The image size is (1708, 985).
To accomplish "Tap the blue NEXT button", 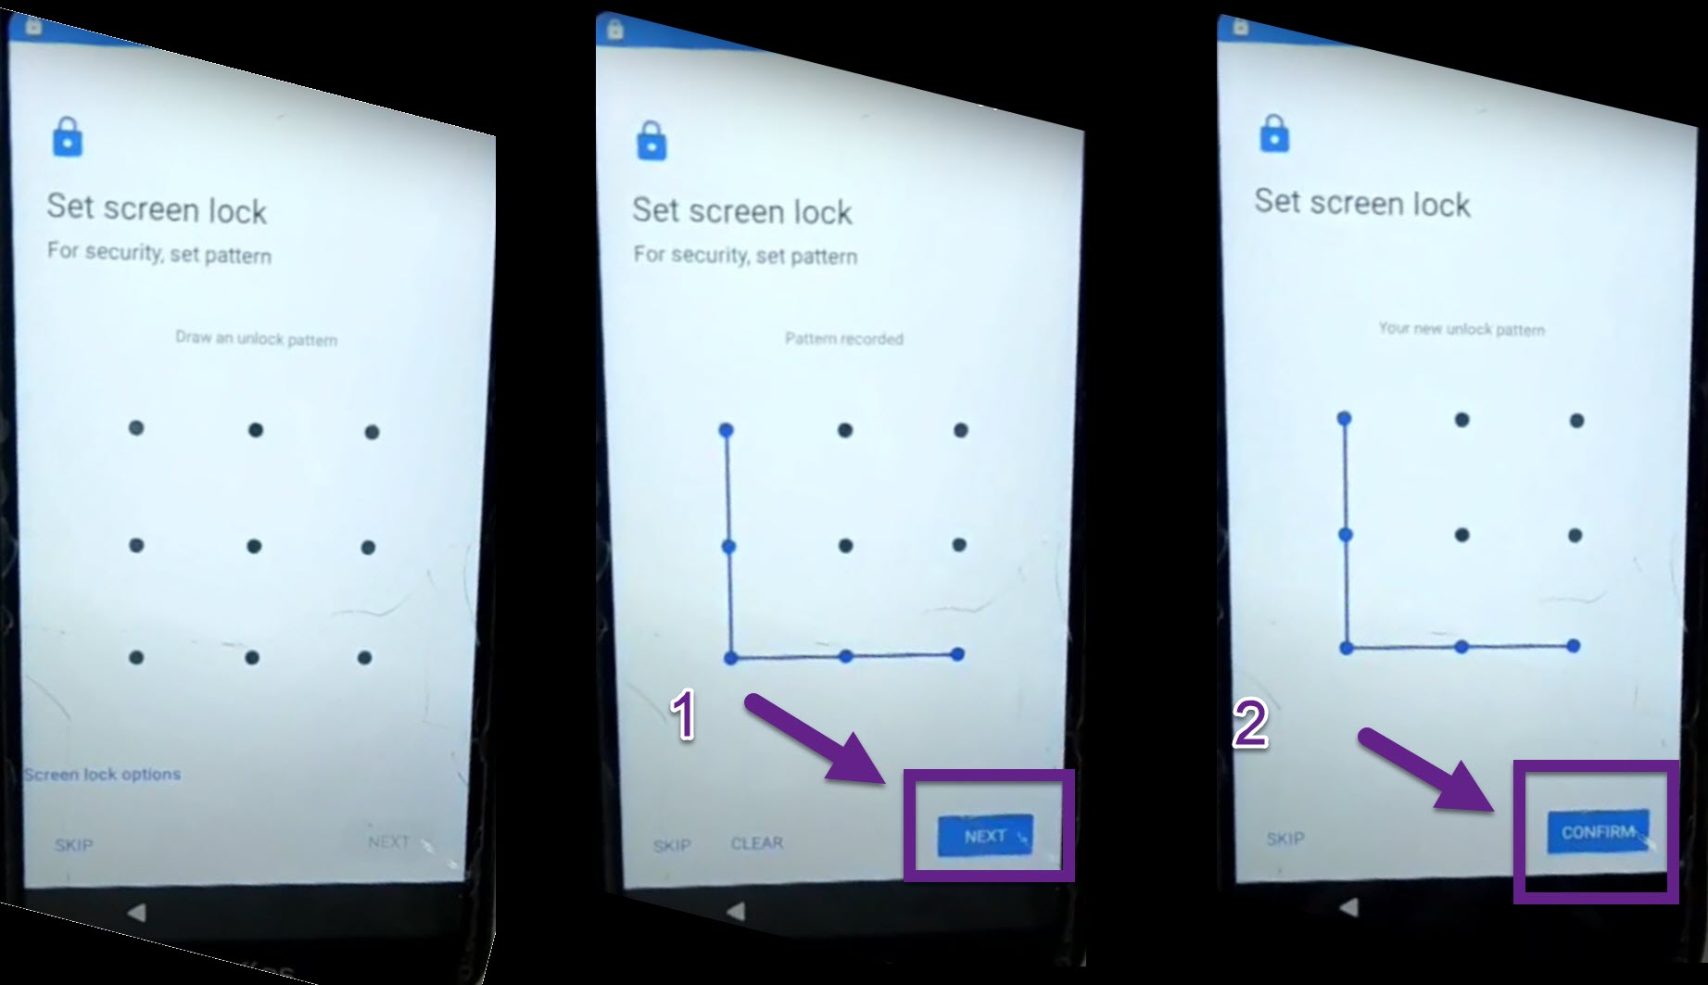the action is tap(984, 836).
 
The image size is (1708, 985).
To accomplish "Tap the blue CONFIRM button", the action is tap(1598, 831).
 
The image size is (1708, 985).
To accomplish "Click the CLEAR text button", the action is tap(757, 843).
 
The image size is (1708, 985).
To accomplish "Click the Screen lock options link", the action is tap(102, 774).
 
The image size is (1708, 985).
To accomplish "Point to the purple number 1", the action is tap(684, 715).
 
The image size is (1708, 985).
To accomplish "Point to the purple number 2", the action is tap(1250, 723).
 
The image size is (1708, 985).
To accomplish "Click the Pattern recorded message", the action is tap(844, 339).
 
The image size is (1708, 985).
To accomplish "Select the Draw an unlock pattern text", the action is tap(257, 338).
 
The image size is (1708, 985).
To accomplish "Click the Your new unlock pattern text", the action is tap(1461, 329).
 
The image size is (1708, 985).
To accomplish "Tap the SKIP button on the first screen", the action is tap(73, 845).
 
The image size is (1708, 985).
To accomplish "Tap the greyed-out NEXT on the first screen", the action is tap(388, 841).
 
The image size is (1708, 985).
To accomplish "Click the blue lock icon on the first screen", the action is tap(68, 137).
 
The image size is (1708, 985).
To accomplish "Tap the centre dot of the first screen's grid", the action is tap(254, 547).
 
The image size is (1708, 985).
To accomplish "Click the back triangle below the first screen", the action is tap(136, 913).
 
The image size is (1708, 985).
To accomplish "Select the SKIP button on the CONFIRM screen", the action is tap(1285, 839).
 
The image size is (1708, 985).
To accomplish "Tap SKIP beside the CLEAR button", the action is tap(672, 845).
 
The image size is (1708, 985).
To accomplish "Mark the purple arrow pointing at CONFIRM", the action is tap(1427, 769).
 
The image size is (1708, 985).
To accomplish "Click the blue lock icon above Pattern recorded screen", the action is tap(652, 141).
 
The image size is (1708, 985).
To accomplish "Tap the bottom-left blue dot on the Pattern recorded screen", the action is tap(730, 658).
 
